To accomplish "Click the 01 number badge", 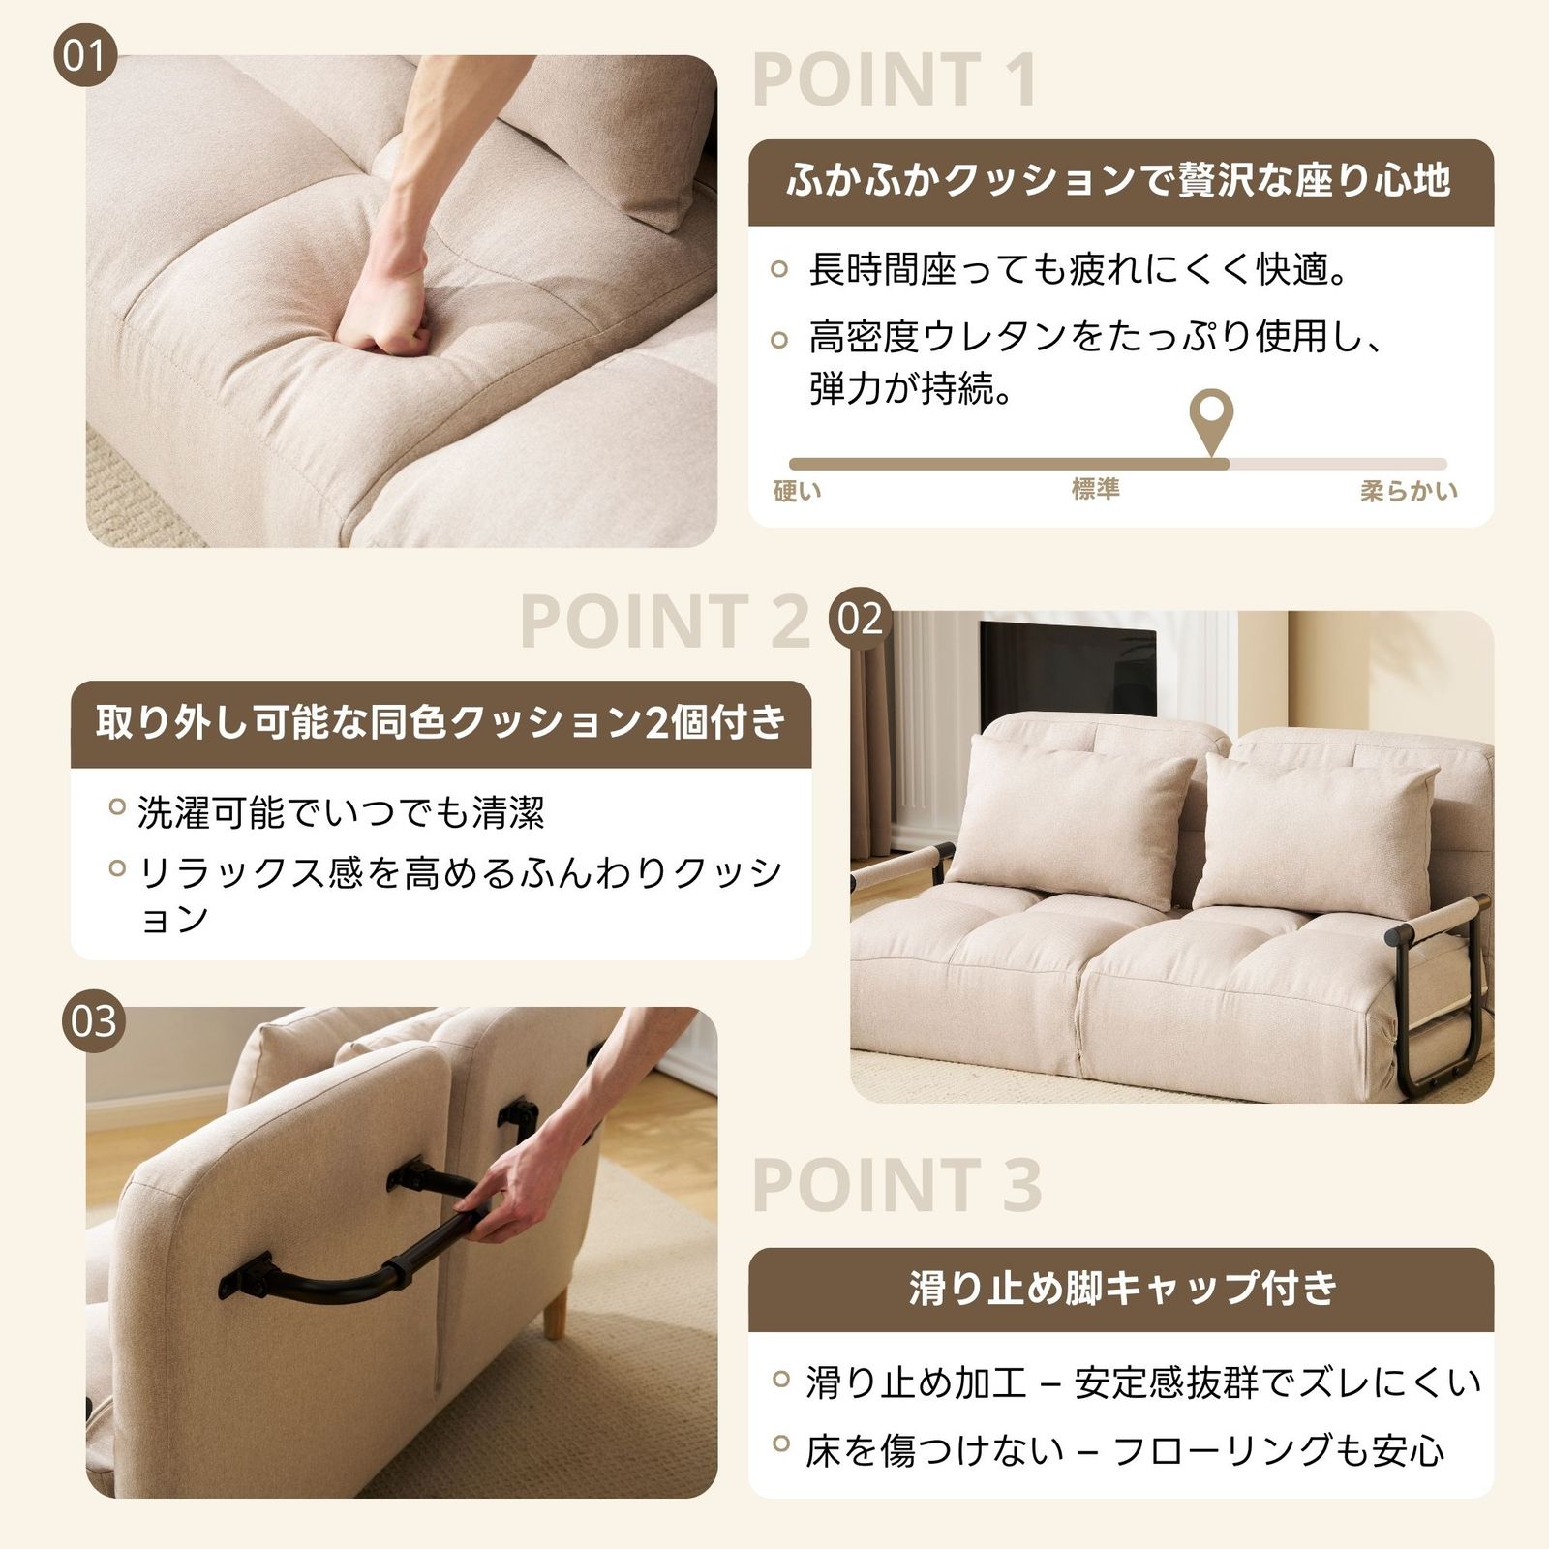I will click(x=83, y=55).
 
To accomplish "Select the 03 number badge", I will click(x=93, y=1020).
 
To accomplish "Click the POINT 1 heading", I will click(x=895, y=80).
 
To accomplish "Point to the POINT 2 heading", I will click(x=664, y=622).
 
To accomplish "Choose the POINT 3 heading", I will click(x=896, y=1185).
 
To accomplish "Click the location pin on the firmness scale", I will click(x=1211, y=418).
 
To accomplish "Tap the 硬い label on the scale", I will click(x=798, y=491).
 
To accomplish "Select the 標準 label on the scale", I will click(x=1095, y=489).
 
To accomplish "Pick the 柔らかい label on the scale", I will click(x=1408, y=491).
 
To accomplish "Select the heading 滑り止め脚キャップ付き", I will click(x=1121, y=1289).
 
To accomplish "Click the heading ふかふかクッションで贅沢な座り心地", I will click(x=1120, y=181).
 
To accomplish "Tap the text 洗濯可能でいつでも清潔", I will click(x=341, y=812).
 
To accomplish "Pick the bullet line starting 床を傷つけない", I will click(x=1123, y=1450).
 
